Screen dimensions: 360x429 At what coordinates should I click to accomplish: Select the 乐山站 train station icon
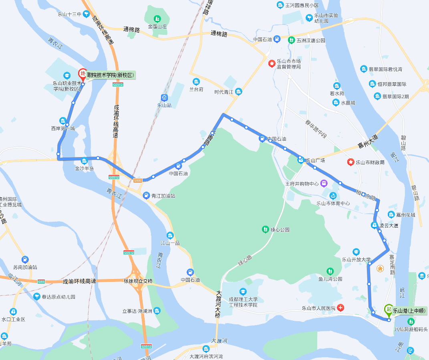coord(164,97)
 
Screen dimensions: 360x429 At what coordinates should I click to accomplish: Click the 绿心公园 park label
coord(280,230)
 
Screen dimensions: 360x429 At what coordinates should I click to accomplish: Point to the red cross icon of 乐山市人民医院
coord(340,308)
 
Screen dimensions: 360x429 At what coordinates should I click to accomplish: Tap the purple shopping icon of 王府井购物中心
coord(324,184)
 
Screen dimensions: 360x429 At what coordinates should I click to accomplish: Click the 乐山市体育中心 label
coord(333,203)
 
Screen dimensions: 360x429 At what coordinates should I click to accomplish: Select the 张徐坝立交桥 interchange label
coord(138,281)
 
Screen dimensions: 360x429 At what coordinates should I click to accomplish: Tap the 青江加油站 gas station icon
coord(147,196)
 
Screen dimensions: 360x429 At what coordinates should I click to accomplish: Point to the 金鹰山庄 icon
coord(157,18)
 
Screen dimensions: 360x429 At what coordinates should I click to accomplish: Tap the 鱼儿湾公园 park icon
coord(329,271)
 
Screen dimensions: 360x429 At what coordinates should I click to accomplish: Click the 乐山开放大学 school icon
coord(356,252)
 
